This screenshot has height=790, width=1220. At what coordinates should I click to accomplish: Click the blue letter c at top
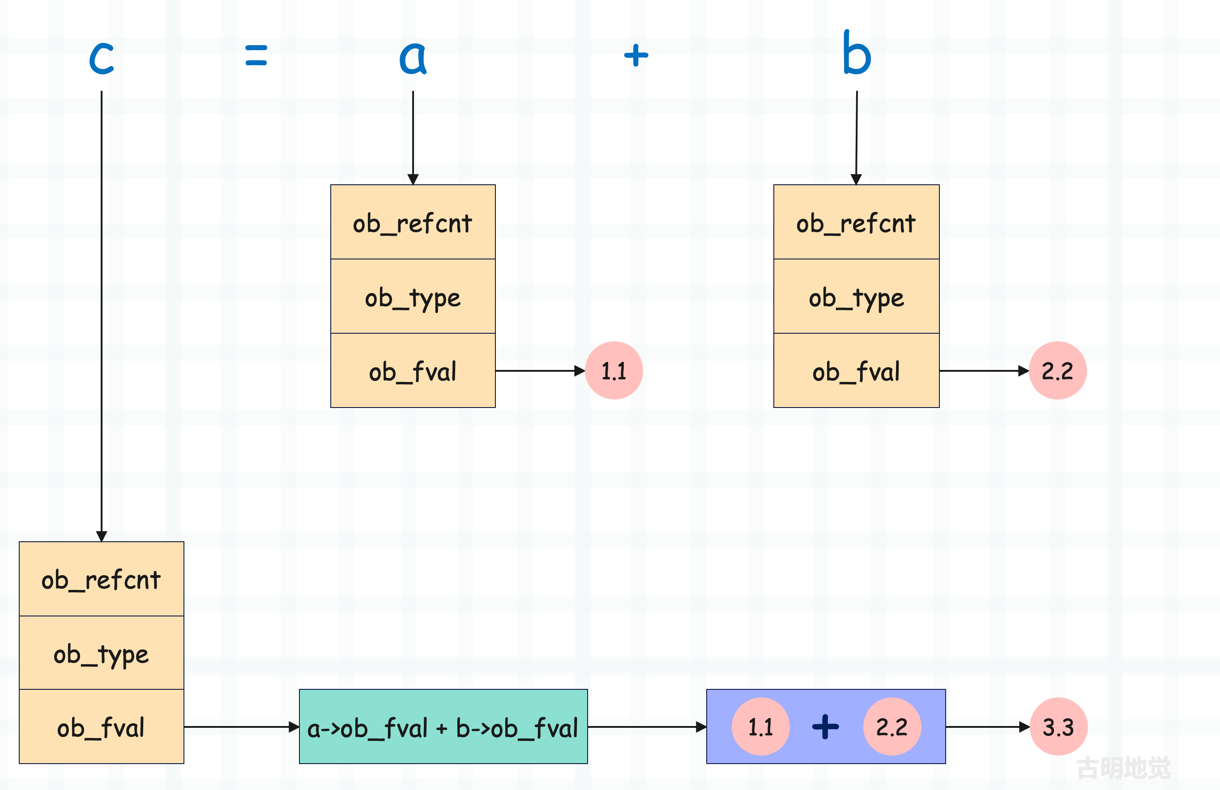tap(102, 57)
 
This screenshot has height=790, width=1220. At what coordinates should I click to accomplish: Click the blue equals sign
tap(256, 55)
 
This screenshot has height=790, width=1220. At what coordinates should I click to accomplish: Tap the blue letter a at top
tap(413, 57)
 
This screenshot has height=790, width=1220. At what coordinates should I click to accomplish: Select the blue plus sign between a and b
tap(636, 55)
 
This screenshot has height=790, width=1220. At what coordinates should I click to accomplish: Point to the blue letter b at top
tap(857, 52)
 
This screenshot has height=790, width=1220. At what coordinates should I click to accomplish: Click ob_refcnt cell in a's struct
tap(413, 222)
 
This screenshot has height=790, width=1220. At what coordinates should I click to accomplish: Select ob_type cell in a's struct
tap(413, 296)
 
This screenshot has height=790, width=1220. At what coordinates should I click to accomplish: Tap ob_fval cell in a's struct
tap(413, 370)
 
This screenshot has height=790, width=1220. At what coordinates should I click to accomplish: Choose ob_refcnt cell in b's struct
tap(857, 222)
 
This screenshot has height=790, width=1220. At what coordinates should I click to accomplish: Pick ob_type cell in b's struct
tap(857, 296)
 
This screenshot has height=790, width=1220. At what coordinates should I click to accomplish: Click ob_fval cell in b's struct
tap(857, 370)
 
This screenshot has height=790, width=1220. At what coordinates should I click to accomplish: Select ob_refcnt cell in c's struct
tap(102, 579)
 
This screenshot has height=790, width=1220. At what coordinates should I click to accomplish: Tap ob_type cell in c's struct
tap(102, 653)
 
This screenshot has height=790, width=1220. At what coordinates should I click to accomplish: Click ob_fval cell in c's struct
tap(102, 726)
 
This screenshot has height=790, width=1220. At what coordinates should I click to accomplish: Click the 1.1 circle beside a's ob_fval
tap(614, 370)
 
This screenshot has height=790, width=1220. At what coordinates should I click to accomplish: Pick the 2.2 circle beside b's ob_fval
tap(1058, 370)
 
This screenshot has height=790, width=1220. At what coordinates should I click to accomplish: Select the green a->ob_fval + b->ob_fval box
tap(444, 726)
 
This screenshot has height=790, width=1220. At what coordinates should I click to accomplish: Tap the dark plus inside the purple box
tap(826, 726)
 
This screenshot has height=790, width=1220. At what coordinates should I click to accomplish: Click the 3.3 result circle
tap(1058, 726)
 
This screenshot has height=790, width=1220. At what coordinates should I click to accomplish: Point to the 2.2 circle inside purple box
tap(892, 726)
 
